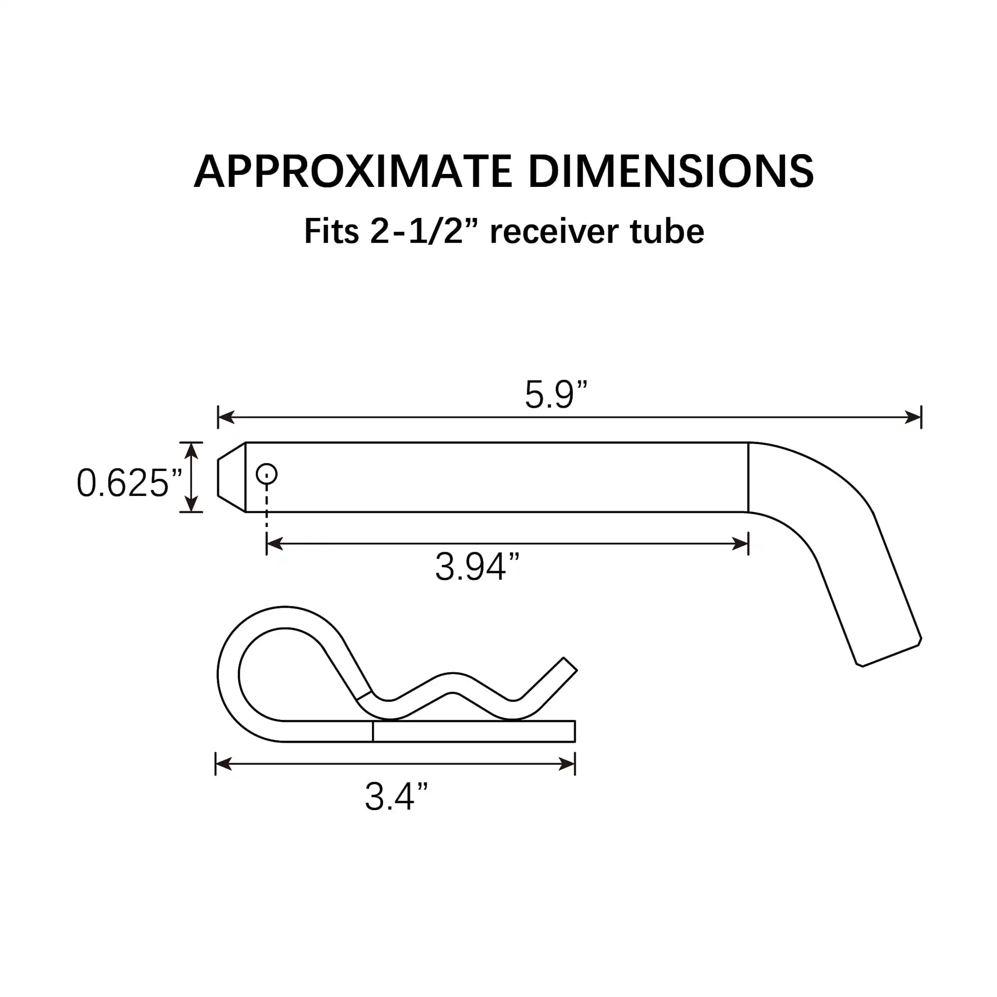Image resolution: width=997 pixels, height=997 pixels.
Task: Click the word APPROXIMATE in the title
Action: [x=352, y=172]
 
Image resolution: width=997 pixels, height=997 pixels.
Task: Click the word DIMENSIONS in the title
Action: [x=670, y=172]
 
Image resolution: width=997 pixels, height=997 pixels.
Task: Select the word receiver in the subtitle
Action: [x=554, y=232]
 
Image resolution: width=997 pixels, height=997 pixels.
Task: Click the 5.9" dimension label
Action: [x=556, y=395]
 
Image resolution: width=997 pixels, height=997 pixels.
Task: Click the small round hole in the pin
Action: [x=266, y=474]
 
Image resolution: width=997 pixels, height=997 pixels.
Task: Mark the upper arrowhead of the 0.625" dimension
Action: [x=191, y=450]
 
